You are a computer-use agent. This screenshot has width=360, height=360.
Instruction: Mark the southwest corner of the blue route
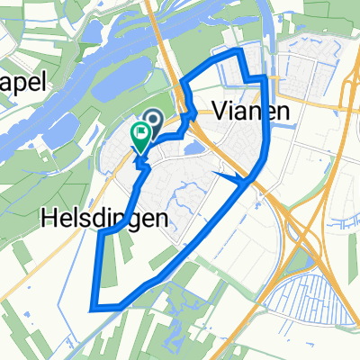pos(93,309)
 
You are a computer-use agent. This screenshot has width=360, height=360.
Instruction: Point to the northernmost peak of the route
pos(239,56)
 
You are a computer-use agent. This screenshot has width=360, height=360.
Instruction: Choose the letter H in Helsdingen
pos(46,218)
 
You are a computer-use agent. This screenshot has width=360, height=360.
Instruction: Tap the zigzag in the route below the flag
pos(142,162)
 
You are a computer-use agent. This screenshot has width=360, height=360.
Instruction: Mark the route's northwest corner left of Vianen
pos(183,84)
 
